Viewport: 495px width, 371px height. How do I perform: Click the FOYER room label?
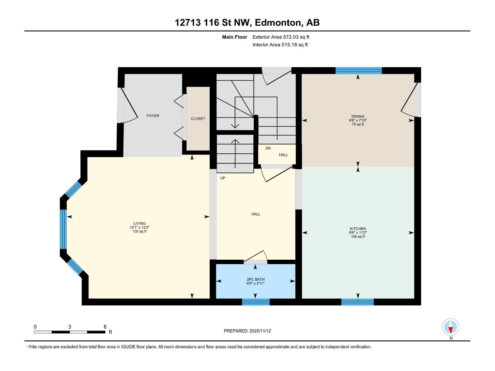point(153,116)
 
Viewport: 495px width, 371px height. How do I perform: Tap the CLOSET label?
point(198,119)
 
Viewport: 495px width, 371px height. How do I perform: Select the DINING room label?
point(358,117)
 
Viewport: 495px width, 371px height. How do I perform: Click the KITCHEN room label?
point(358,229)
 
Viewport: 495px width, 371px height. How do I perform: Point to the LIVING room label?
point(140,223)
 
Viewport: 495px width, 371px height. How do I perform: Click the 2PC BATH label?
point(256,279)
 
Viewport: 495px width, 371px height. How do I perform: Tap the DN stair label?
point(268,148)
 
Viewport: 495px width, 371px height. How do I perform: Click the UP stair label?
point(222,178)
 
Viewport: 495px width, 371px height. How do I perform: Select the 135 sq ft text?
point(140,231)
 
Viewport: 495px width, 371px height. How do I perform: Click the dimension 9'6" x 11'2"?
point(358,233)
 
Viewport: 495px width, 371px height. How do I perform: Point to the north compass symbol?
point(450,327)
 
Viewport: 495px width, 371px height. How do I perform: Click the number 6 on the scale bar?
point(105,327)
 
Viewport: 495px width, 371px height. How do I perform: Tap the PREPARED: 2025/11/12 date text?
point(247,331)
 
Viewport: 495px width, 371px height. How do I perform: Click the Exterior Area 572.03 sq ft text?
point(281,37)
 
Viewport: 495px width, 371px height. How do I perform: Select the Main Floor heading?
point(235,37)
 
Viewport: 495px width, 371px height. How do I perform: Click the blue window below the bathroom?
point(256,302)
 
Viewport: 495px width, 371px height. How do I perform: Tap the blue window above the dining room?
point(359,70)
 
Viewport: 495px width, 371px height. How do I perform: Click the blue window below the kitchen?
point(357,302)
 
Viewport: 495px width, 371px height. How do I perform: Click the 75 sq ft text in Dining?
point(358,124)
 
